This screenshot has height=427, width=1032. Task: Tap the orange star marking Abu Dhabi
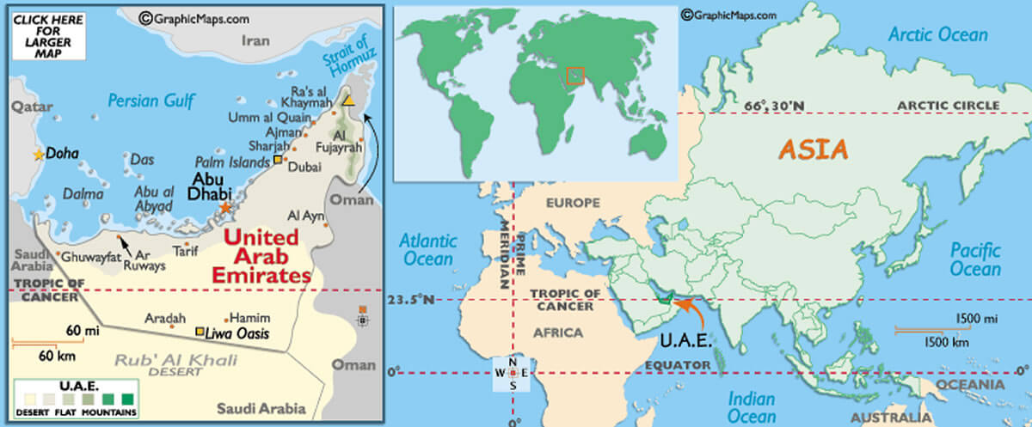225,208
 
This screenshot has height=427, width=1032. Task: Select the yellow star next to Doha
38,155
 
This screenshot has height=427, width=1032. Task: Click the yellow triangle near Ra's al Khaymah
347,101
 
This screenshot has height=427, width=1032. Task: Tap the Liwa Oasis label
237,332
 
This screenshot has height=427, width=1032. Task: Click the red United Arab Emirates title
261,256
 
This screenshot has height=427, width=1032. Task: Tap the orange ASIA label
813,149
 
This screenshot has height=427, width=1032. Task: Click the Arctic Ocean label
937,35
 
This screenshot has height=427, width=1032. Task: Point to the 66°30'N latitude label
773,106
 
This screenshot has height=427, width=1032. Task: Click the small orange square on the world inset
575,76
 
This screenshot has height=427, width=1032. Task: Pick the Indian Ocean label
752,407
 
